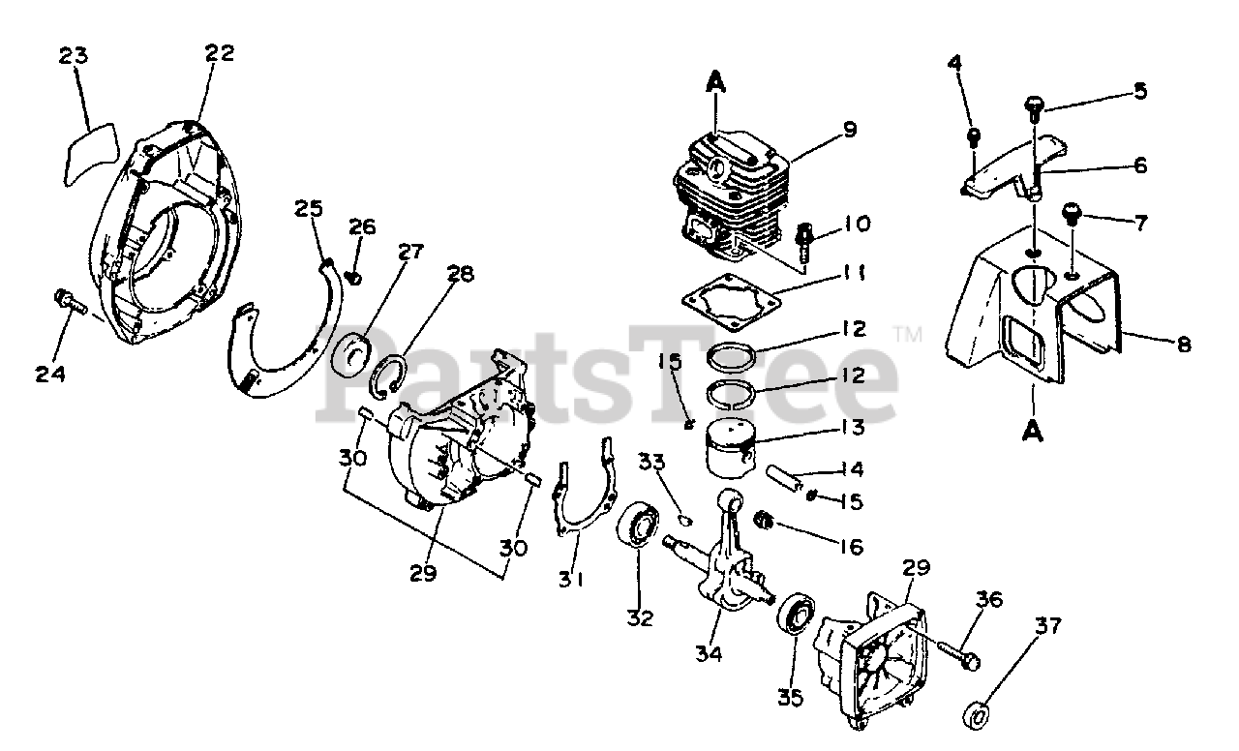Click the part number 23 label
pyautogui.click(x=74, y=56)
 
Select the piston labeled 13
pyautogui.click(x=740, y=447)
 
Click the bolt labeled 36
pyautogui.click(x=958, y=653)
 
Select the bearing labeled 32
pyautogui.click(x=640, y=526)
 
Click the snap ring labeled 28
pyautogui.click(x=389, y=374)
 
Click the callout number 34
pyautogui.click(x=710, y=654)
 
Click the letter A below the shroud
pyautogui.click(x=1033, y=430)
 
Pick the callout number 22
pyautogui.click(x=220, y=54)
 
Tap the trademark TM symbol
pyautogui.click(x=907, y=336)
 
